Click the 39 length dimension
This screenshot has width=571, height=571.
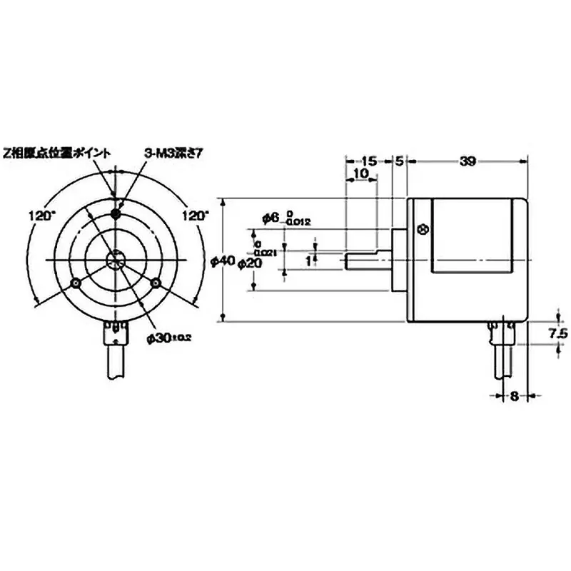coord(468,161)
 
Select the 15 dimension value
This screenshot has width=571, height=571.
coord(369,161)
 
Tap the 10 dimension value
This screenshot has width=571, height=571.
coord(360,173)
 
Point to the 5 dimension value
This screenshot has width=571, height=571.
coord(400,161)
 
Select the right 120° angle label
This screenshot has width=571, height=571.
coord(196,214)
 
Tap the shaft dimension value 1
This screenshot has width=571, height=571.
coord(308,261)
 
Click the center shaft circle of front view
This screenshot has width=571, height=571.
coord(115,261)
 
